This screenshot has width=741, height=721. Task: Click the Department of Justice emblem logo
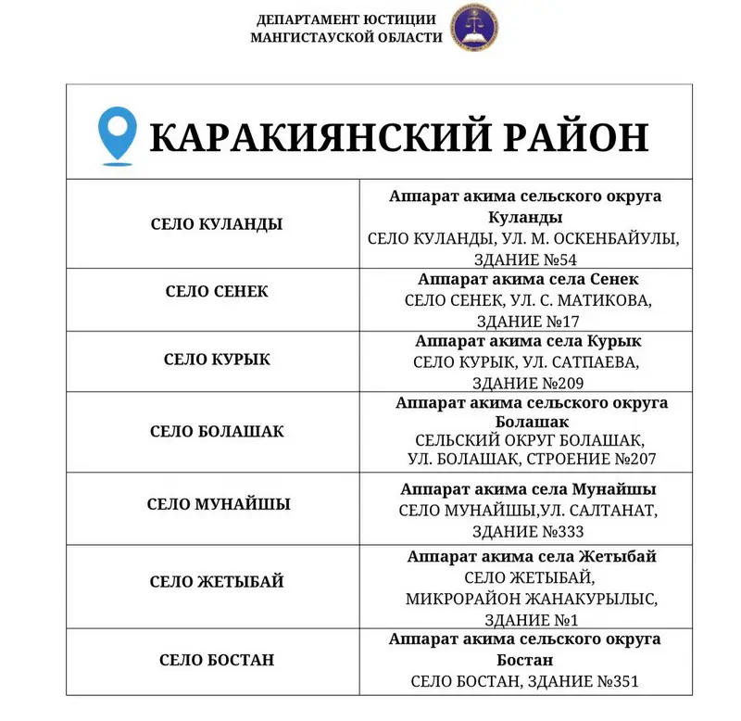point(473,28)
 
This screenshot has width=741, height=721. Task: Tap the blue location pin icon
point(118,136)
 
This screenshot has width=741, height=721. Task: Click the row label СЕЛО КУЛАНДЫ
point(217,224)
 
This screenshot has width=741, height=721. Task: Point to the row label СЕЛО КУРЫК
point(217,359)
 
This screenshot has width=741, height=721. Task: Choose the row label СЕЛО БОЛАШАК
point(217,432)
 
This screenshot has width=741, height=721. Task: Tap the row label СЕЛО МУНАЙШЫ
point(219,505)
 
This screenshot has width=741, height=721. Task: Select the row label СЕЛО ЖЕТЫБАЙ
point(217,582)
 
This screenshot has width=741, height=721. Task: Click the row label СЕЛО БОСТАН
point(217,661)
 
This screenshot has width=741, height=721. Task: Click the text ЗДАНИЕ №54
point(525,259)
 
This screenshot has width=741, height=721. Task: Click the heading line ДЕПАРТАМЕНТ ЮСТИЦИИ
point(345,19)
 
